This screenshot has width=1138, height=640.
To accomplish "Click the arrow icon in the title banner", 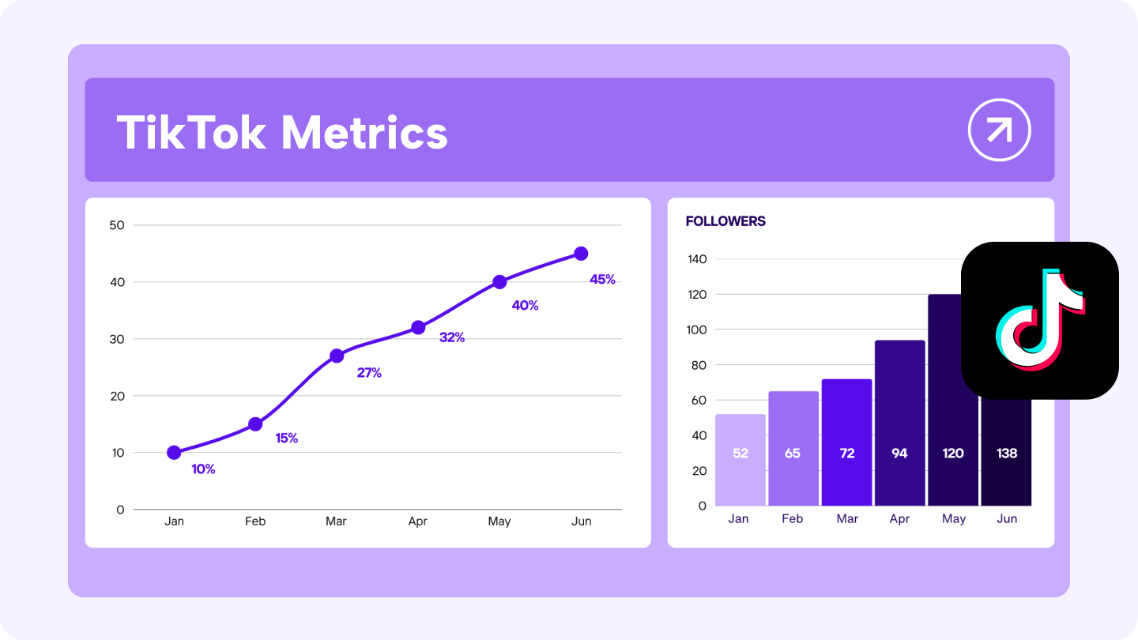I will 1000,130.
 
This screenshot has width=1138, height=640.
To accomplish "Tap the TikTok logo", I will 1039,320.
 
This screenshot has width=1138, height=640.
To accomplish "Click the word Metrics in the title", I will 364,132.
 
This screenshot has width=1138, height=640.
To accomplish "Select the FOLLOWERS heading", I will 725,221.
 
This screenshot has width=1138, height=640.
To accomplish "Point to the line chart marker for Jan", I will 174,453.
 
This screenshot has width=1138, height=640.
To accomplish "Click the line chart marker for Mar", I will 337,356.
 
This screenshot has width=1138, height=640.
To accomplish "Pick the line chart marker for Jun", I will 581,254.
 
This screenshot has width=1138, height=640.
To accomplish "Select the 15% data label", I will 286,438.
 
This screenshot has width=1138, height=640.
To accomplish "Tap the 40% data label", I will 525,305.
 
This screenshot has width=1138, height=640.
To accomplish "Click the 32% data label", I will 451,337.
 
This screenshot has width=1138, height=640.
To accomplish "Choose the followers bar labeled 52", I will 740,460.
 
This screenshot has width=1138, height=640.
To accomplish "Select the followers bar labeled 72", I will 847,442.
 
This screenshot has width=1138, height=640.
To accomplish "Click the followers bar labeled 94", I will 899,423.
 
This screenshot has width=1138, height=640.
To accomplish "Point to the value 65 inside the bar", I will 793,453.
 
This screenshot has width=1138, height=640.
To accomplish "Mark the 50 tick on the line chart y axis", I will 117,225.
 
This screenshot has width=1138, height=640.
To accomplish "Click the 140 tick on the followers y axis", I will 697,259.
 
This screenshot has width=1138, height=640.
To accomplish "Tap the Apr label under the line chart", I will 418,521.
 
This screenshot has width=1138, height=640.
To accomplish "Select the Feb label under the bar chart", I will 792,519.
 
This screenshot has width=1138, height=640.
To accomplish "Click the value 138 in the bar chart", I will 1007,453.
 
